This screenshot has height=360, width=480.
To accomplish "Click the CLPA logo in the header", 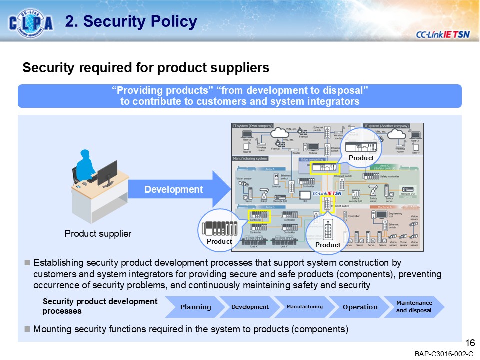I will click(x=31, y=22).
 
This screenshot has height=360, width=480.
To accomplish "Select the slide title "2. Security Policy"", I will click(x=131, y=22).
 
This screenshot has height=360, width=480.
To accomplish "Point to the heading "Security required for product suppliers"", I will click(x=146, y=68).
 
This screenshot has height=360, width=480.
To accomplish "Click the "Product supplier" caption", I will click(x=98, y=233).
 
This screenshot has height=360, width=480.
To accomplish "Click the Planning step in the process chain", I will click(x=195, y=307).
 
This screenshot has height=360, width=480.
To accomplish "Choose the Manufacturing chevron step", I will click(x=304, y=307).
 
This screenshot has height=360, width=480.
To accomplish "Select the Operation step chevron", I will click(x=360, y=307).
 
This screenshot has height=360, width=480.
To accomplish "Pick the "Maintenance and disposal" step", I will click(x=414, y=307).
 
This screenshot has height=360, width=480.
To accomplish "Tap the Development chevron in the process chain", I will click(x=250, y=307).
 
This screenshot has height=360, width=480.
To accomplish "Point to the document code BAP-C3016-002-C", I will click(x=443, y=354).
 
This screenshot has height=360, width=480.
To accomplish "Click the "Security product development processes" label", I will click(x=100, y=306).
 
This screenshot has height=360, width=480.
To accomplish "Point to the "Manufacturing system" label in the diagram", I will click(x=250, y=159).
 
